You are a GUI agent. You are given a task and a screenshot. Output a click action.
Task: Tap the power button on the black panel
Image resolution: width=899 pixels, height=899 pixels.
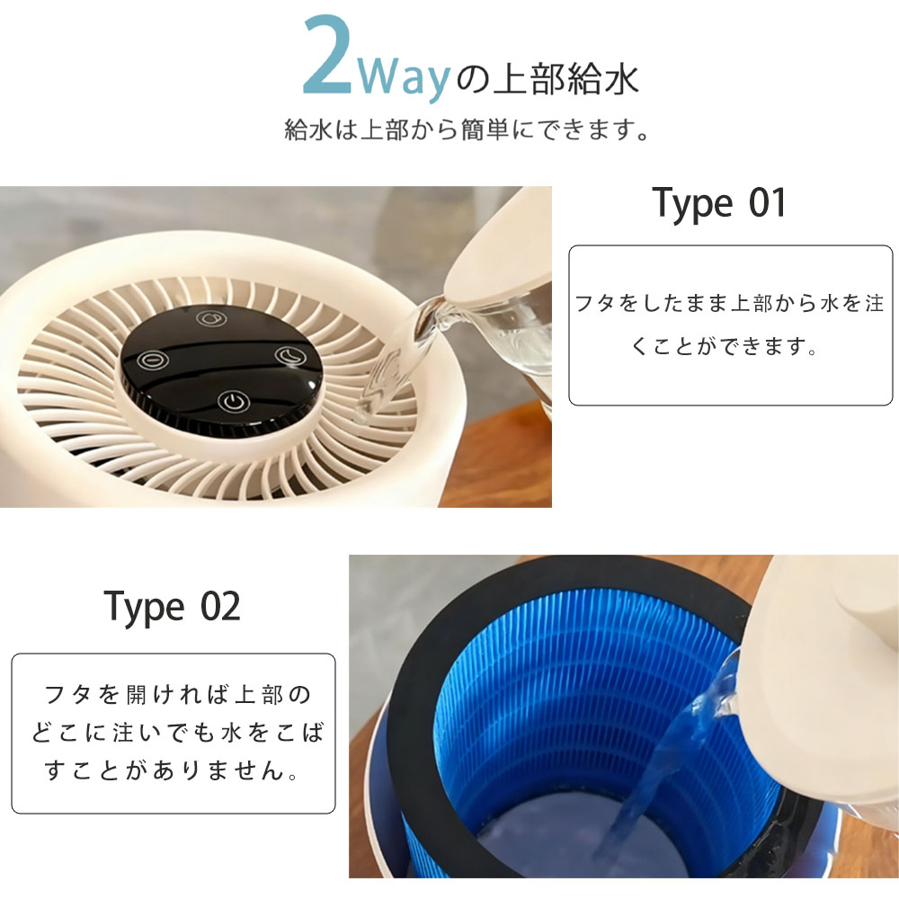click(x=233, y=402)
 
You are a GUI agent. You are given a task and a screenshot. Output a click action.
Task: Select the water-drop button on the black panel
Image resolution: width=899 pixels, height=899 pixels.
click(x=211, y=318)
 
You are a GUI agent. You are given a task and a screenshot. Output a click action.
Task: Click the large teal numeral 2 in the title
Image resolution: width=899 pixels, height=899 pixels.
click(x=327, y=55)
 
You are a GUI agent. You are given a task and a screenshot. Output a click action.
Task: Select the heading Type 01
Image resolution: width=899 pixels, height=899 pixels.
click(x=718, y=203)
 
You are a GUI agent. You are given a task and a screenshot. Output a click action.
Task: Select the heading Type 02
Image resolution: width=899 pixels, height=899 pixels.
click(x=172, y=607)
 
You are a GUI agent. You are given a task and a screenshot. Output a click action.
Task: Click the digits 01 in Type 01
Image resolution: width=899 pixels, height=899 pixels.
click(x=767, y=202)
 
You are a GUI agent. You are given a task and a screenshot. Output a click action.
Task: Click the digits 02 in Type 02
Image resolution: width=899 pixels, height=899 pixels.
click(x=221, y=607)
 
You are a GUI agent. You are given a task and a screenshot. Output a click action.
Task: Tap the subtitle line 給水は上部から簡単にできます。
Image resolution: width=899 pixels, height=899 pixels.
click(x=467, y=130)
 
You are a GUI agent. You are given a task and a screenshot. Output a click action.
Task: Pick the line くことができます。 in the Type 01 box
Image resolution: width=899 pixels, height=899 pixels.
click(x=724, y=346)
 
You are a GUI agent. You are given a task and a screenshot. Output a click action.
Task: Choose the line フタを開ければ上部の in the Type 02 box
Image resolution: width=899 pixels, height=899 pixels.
click(x=177, y=695)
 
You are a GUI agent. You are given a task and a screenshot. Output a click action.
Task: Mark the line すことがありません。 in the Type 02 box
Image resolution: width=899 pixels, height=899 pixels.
click(x=172, y=770)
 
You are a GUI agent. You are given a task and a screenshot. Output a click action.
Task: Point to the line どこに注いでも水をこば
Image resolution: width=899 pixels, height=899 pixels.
click(x=177, y=733)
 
